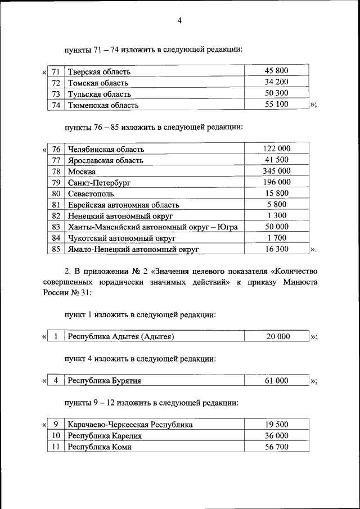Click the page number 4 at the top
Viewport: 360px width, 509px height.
tap(179, 21)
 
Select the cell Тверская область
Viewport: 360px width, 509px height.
tap(99, 72)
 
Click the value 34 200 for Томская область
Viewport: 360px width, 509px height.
tap(276, 83)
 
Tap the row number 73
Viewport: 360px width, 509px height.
tap(56, 94)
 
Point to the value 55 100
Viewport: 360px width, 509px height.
tap(276, 105)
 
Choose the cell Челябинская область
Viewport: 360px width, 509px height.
tap(106, 149)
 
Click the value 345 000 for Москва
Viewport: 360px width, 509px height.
tap(276, 171)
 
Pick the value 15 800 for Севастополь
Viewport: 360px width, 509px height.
tap(276, 193)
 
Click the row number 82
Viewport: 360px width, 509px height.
tap(56, 215)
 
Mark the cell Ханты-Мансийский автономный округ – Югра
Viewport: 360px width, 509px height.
tap(152, 227)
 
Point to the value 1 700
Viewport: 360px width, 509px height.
tap(276, 237)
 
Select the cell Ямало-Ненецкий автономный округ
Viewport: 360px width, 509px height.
tap(133, 249)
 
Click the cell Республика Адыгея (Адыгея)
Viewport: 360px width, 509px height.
tap(121, 337)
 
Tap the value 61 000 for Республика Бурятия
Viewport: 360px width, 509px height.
tap(276, 381)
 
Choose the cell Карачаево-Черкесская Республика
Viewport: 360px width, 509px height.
tap(130, 425)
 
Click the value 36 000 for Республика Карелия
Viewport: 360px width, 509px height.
tap(276, 436)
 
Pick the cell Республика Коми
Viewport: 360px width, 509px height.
tap(100, 447)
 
